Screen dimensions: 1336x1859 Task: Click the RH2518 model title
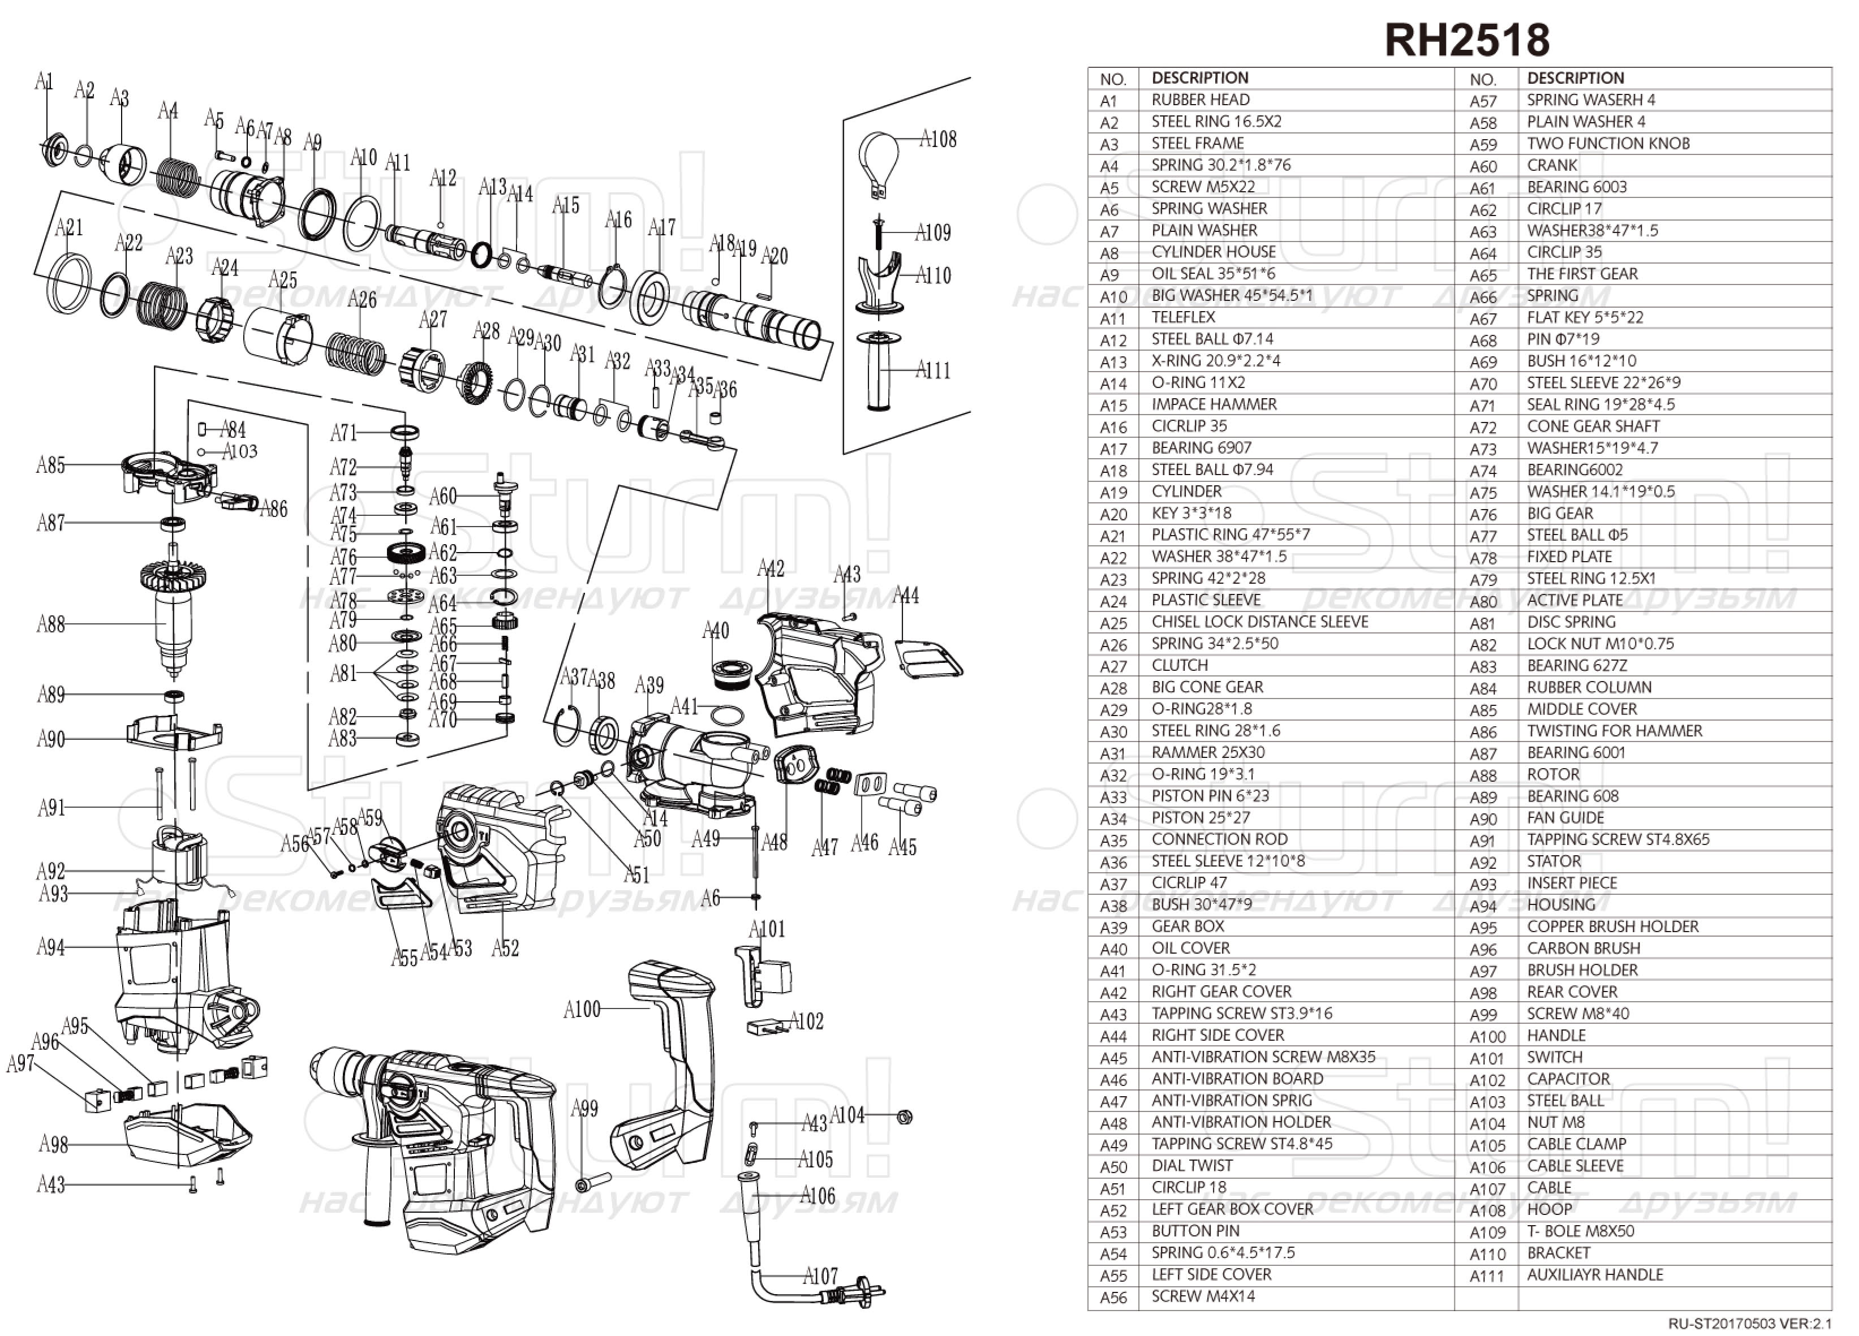pos(1466,40)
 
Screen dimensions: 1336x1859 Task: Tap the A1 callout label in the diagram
pos(44,81)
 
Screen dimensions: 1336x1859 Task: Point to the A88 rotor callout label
pos(51,624)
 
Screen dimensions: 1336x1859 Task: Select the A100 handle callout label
pos(582,1009)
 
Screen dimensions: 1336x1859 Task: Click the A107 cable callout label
pos(820,1276)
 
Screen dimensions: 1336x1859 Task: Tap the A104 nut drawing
pos(905,1117)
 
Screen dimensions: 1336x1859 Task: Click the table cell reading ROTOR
pos(1554,774)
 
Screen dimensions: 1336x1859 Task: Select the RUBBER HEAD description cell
pos(1201,100)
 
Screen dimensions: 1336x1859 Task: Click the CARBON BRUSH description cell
pos(1583,949)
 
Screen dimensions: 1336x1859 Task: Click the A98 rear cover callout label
pos(53,1144)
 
